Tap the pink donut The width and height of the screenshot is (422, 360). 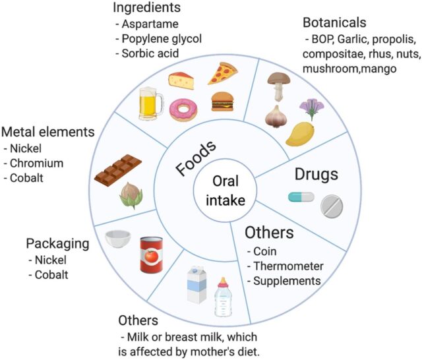tap(183, 109)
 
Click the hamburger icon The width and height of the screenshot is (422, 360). tap(222, 101)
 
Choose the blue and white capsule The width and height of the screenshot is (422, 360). tap(301, 196)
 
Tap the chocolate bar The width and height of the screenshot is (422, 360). tap(118, 169)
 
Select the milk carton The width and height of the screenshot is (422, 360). tap(197, 285)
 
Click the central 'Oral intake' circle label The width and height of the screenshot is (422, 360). tap(220, 191)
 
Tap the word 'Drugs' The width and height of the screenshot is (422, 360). tap(316, 175)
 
